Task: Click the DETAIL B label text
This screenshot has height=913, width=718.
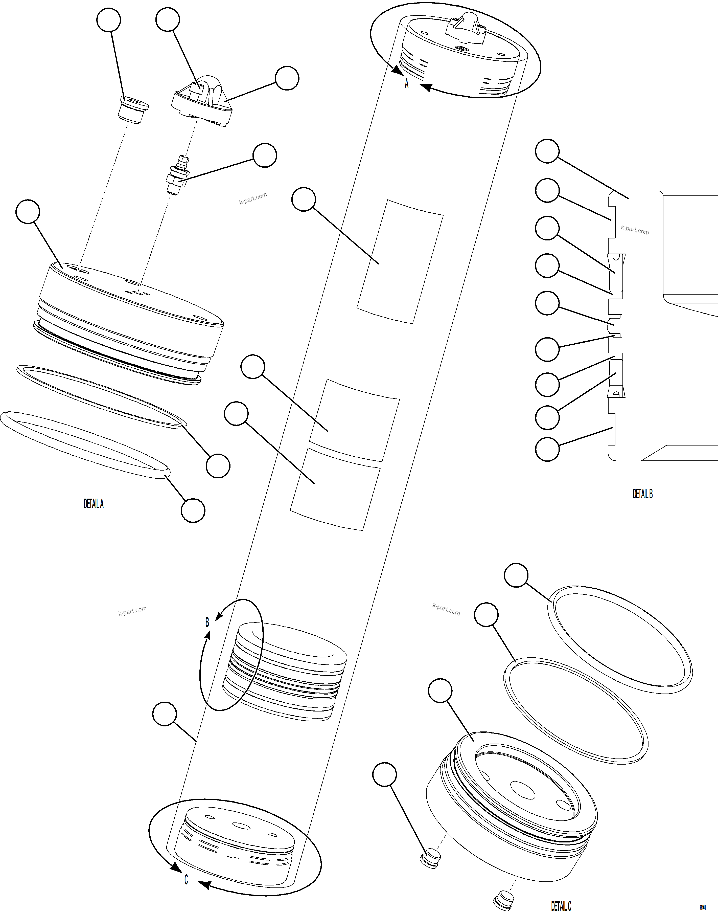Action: coord(642,494)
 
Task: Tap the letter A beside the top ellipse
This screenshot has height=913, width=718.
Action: coord(406,84)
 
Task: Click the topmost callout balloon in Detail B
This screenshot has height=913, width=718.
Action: coord(547,151)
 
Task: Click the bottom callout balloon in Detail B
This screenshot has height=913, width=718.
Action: coord(547,449)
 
